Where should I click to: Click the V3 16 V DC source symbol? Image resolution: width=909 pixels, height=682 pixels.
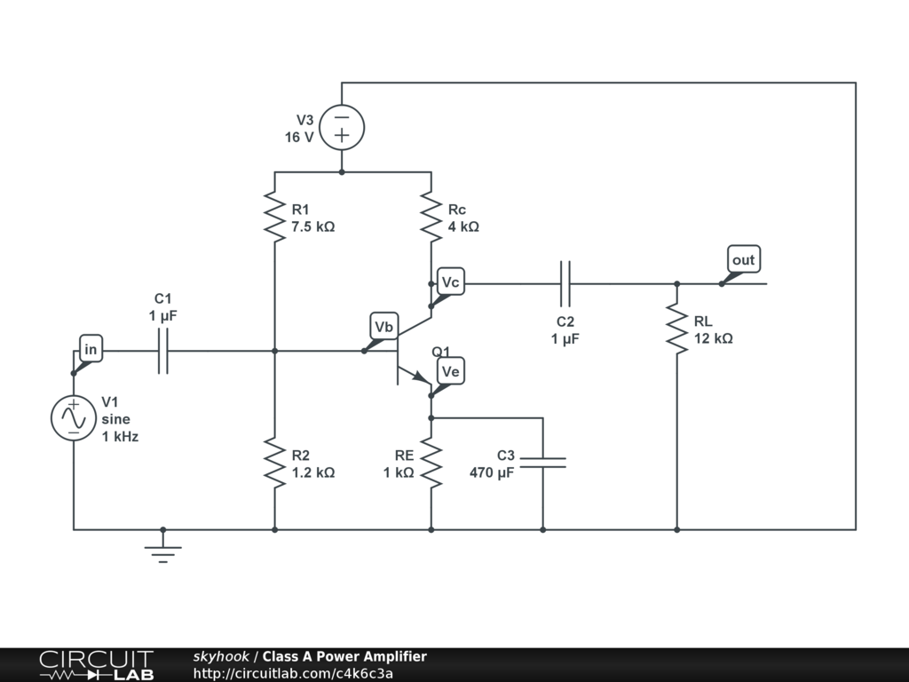pyautogui.click(x=342, y=128)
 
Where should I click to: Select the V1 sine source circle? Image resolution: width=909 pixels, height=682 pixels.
pyautogui.click(x=74, y=418)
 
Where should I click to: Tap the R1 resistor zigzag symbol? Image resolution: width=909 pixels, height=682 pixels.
pyautogui.click(x=275, y=218)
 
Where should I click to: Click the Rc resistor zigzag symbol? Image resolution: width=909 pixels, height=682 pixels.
pyautogui.click(x=431, y=218)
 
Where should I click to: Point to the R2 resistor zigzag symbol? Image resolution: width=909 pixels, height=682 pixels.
pyautogui.click(x=275, y=464)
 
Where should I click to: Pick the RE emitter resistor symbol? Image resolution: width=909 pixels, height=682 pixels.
pyautogui.click(x=431, y=464)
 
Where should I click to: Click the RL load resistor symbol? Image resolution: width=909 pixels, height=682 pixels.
pyautogui.click(x=676, y=329)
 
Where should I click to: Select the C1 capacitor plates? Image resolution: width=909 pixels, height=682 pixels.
pyautogui.click(x=163, y=351)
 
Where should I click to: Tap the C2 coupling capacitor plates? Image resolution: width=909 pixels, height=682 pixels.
pyautogui.click(x=565, y=283)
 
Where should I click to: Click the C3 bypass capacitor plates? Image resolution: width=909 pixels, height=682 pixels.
pyautogui.click(x=542, y=462)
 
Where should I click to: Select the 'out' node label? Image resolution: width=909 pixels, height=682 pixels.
pyautogui.click(x=744, y=259)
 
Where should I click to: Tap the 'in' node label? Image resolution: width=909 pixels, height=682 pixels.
pyautogui.click(x=91, y=349)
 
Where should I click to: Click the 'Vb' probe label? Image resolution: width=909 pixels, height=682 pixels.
pyautogui.click(x=383, y=327)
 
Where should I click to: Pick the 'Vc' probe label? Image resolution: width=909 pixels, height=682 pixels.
pyautogui.click(x=450, y=282)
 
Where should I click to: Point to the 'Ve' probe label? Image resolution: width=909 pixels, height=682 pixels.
pyautogui.click(x=450, y=371)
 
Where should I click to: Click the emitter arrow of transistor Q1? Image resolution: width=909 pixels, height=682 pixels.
pyautogui.click(x=420, y=377)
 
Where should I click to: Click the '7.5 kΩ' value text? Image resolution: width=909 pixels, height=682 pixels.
pyautogui.click(x=313, y=226)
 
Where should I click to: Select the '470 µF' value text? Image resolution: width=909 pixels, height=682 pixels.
pyautogui.click(x=492, y=472)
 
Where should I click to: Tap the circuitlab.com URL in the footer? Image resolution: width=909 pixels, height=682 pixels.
pyautogui.click(x=293, y=673)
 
